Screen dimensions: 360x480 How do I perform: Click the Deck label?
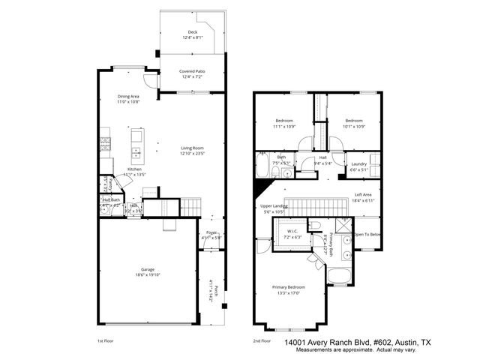(x=192, y=32)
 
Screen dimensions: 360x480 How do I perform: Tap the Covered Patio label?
(x=192, y=71)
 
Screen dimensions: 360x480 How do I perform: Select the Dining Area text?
(x=128, y=96)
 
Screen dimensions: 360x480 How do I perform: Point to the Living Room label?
(x=192, y=148)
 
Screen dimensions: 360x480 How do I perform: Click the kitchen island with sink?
(x=136, y=146)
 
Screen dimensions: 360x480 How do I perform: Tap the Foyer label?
(x=211, y=232)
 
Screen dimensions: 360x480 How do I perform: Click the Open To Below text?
(x=367, y=233)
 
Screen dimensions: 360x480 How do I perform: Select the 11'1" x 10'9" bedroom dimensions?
(x=284, y=126)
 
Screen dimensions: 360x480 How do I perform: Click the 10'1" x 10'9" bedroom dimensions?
(x=354, y=126)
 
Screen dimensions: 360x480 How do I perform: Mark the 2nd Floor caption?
(x=261, y=340)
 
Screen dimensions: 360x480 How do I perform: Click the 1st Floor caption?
(x=105, y=340)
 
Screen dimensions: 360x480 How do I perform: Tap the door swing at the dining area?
(x=153, y=80)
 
